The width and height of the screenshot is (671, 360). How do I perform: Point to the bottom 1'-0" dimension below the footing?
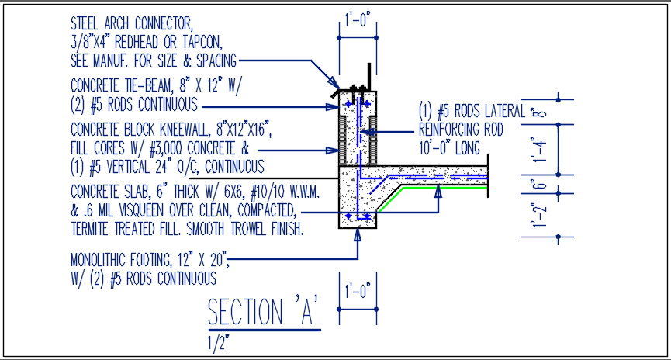coord(358,290)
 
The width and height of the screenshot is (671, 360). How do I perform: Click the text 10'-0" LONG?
coord(449,147)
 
